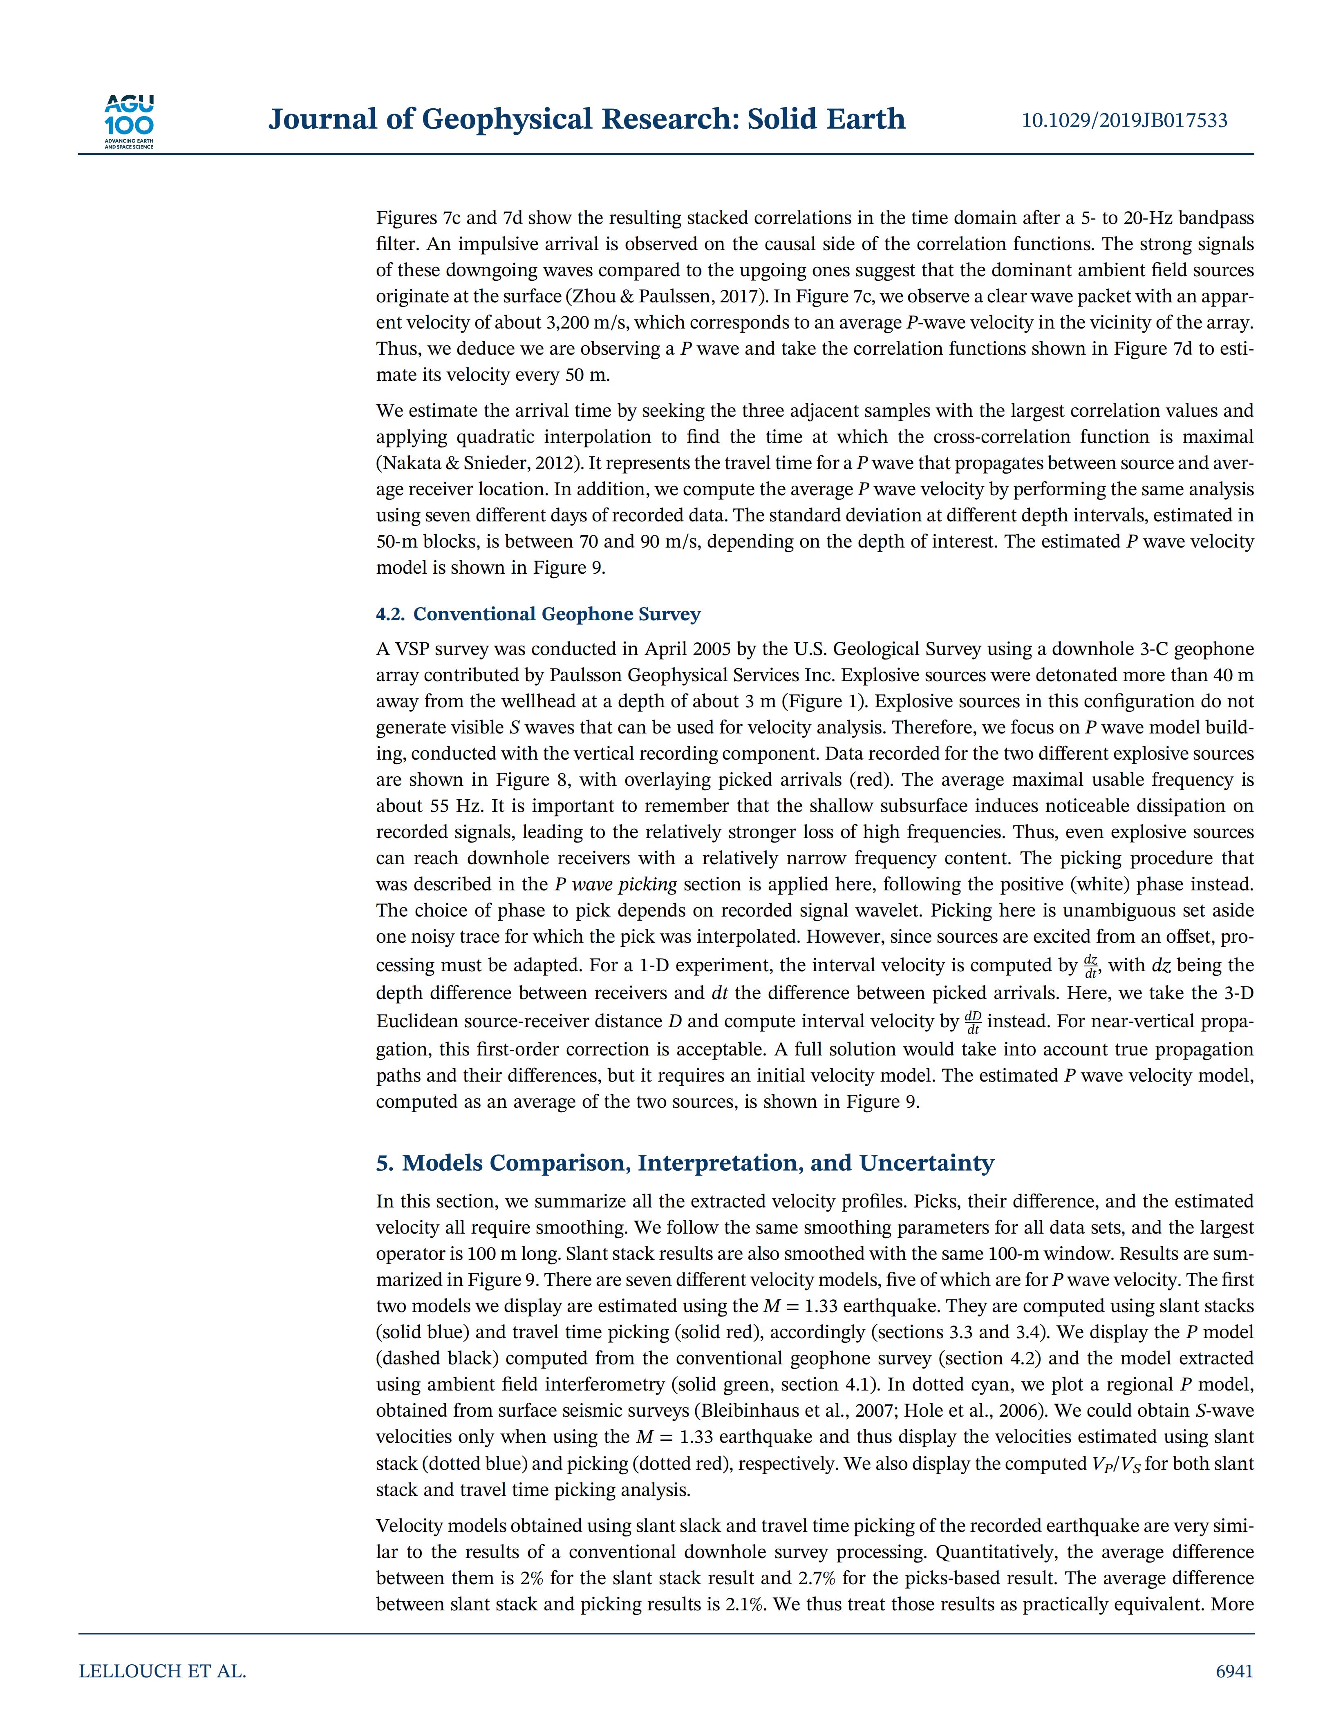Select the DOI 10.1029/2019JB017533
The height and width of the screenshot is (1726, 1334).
click(1125, 120)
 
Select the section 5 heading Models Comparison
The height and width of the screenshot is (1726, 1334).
click(685, 1163)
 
